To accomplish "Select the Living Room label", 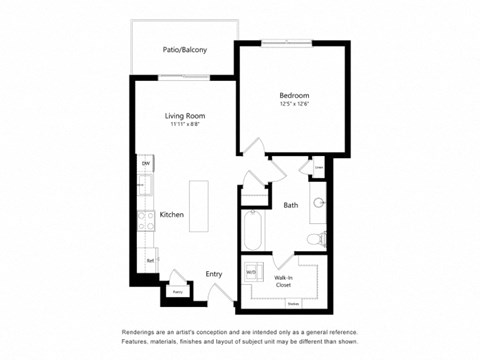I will click(184, 116).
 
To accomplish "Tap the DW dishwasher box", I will click(145, 163).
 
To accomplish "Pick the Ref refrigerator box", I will click(149, 259).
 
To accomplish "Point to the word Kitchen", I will click(171, 214).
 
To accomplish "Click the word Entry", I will click(214, 272).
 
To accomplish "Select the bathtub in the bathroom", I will click(253, 232).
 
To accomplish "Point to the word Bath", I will click(290, 205).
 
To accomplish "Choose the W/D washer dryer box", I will click(252, 272).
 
